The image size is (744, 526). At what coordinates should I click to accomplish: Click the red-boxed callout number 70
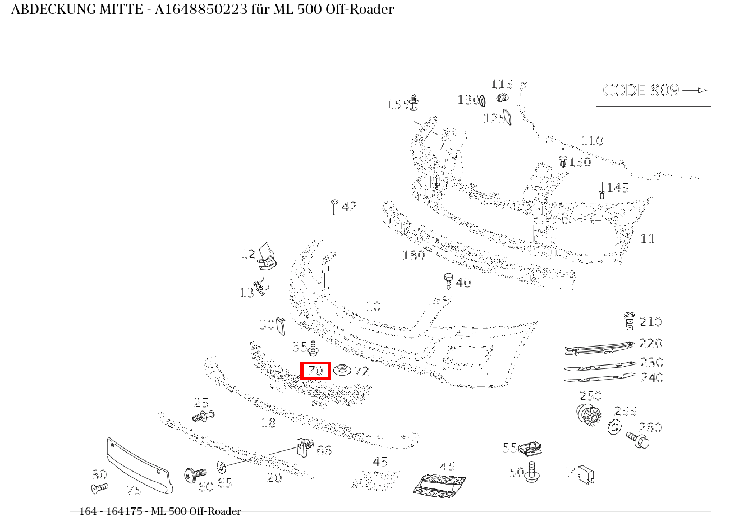click(315, 370)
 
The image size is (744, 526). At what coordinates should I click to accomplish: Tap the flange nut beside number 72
click(342, 370)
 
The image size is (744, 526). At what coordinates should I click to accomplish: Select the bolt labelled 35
click(313, 348)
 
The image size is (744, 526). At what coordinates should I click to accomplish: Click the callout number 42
click(349, 206)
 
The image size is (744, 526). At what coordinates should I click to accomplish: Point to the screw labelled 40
click(448, 281)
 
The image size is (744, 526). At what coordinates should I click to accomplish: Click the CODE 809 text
click(641, 90)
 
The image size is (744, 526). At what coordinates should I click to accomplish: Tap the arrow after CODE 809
click(695, 90)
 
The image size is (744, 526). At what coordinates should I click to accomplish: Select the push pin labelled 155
click(414, 102)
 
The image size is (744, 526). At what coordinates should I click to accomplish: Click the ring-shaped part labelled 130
click(483, 100)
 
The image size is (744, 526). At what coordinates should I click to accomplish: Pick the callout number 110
click(592, 141)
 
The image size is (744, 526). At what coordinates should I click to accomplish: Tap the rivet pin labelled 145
click(601, 190)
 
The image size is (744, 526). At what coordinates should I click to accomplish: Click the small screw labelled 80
click(100, 488)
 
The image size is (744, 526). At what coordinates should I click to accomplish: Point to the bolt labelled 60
click(195, 474)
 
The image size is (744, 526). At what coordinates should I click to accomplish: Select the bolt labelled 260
click(638, 440)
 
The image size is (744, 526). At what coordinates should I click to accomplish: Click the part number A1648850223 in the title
click(201, 10)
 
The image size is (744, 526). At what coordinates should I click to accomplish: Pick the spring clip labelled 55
click(530, 448)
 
